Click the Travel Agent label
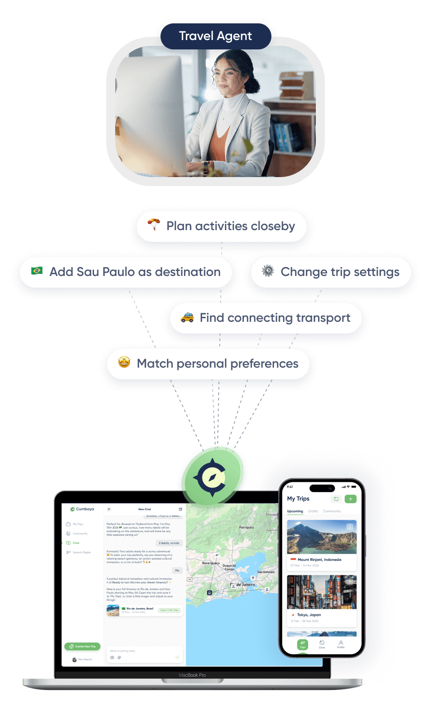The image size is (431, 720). point(215,36)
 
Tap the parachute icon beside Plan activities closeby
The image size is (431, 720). point(153,224)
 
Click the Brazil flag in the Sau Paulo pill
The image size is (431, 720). point(37,271)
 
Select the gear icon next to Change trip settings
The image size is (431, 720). point(268,271)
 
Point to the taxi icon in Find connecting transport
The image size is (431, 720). point(187,317)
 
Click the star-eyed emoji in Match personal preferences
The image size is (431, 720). point(124,362)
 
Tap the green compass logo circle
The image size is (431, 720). point(212,476)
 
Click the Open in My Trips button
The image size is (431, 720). point(170,610)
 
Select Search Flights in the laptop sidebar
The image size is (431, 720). point(81,552)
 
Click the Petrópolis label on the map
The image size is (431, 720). point(247,528)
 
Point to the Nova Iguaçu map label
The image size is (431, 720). point(211,563)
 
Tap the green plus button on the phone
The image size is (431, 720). point(350,499)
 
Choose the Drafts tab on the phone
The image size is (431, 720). point(313,511)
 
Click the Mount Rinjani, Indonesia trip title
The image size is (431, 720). point(319,560)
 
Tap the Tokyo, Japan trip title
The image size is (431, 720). point(309,615)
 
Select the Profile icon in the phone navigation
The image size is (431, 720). point(341,644)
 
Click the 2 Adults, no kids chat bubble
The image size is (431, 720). point(169,543)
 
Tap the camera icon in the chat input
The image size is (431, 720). point(112,658)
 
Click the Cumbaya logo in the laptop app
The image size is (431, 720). point(82,509)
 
